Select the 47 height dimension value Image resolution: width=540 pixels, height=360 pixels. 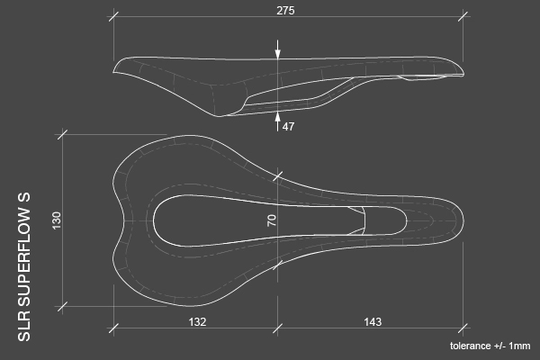(x=288, y=127)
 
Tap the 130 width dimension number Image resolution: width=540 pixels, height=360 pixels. (x=57, y=220)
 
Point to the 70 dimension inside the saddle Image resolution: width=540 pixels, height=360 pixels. (x=272, y=220)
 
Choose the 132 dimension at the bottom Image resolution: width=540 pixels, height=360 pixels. (x=197, y=321)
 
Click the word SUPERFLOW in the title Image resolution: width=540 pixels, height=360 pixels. (x=25, y=264)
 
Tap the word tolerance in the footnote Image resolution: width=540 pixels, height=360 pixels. (x=471, y=346)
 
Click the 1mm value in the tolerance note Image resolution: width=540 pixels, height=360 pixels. (x=520, y=346)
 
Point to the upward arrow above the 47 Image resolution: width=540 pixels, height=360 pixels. (x=278, y=115)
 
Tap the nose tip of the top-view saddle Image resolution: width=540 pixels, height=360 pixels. (x=463, y=220)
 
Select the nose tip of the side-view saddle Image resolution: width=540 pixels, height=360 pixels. (x=463, y=74)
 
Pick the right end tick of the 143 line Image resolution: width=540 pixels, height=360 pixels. (x=463, y=328)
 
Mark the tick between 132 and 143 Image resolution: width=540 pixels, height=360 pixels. (x=278, y=328)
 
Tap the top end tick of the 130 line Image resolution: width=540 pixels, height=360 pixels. (x=62, y=134)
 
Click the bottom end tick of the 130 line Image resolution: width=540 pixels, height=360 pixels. (x=62, y=306)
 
